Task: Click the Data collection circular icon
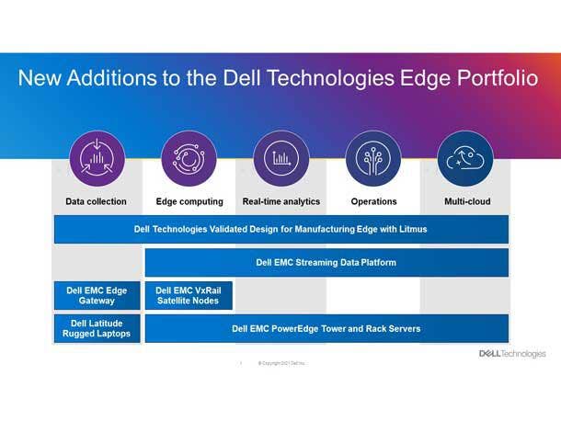[x=97, y=158]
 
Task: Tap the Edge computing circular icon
[x=189, y=158]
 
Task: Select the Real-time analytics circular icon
[x=280, y=158]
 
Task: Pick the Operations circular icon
[x=372, y=158]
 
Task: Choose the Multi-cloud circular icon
[x=464, y=158]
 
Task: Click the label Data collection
[x=97, y=201]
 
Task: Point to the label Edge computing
[x=189, y=201]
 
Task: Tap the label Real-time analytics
[x=281, y=201]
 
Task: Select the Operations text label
[x=373, y=201]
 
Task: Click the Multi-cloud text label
[x=467, y=201]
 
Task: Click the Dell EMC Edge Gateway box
[x=97, y=295]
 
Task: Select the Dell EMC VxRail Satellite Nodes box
[x=189, y=295]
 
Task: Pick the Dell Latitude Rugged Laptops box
[x=97, y=328]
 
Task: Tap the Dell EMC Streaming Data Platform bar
[x=326, y=262]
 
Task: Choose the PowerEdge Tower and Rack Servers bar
[x=326, y=328]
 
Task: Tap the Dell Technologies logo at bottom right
[x=511, y=354]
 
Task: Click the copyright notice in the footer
[x=281, y=363]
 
